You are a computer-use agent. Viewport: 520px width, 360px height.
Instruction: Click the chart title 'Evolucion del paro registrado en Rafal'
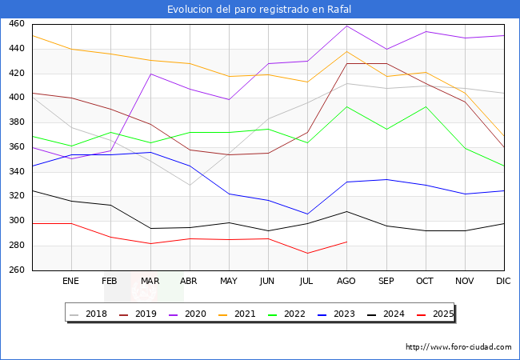point(259,10)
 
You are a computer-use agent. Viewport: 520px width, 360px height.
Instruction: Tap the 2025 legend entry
point(437,314)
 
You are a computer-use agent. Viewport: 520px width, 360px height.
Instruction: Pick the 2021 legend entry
point(245,314)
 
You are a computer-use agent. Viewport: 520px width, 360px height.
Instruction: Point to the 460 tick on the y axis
point(18,24)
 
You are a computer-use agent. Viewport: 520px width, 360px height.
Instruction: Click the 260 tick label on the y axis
point(18,270)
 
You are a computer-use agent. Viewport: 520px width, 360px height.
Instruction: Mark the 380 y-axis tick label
point(18,122)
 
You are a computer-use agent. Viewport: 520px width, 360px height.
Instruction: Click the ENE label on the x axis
point(71,282)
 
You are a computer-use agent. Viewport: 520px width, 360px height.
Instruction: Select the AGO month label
point(346,282)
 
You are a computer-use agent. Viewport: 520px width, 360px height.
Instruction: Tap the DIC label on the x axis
point(503,282)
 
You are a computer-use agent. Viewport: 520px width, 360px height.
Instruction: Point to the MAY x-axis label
point(229,282)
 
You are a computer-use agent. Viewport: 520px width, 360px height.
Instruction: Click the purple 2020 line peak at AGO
point(346,26)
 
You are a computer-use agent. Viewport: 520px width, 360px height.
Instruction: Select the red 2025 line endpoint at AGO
point(346,242)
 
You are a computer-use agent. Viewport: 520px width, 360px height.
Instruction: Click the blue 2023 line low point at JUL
point(307,214)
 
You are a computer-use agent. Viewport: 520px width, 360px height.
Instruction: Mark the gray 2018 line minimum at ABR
point(190,185)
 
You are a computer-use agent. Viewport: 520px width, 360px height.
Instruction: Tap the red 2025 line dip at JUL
point(307,253)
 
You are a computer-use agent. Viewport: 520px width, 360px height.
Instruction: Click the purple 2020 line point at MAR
point(150,74)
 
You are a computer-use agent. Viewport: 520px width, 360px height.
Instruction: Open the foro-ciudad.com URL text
point(458,347)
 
